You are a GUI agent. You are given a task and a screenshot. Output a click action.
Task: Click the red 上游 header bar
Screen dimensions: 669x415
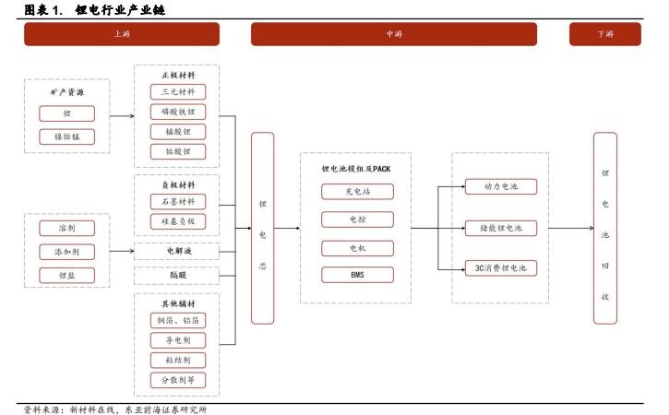point(122,34)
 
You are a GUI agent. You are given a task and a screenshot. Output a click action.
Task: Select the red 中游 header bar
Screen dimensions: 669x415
point(394,34)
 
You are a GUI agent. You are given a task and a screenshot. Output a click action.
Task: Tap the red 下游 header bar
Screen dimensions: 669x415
point(605,34)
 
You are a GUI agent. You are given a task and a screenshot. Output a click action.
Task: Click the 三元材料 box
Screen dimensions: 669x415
point(178,91)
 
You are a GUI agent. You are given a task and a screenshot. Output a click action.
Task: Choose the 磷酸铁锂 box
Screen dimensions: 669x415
point(178,112)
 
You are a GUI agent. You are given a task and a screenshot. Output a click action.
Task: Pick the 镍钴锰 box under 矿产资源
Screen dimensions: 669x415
point(67,136)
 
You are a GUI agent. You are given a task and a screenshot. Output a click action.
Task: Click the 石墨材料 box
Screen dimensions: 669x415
point(178,201)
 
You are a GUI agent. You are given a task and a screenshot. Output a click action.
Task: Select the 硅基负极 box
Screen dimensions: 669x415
point(178,221)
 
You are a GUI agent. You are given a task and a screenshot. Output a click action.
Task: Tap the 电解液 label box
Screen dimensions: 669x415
point(177,251)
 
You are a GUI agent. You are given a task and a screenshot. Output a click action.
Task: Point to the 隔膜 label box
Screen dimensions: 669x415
point(177,276)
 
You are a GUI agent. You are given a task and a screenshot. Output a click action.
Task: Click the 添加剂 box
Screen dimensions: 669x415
point(67,252)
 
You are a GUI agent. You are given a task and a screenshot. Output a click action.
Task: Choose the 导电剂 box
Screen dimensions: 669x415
point(178,340)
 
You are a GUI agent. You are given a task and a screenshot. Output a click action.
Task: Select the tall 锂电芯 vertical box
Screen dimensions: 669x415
point(262,228)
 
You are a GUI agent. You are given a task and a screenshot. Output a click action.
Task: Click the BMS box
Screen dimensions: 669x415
point(357,275)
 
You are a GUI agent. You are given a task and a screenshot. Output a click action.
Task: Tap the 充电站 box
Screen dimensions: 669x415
point(357,192)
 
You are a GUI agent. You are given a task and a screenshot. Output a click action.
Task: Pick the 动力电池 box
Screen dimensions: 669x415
point(501,186)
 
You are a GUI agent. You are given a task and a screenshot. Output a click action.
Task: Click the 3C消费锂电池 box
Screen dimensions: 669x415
point(501,268)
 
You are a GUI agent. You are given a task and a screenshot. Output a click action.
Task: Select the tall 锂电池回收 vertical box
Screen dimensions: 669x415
point(605,228)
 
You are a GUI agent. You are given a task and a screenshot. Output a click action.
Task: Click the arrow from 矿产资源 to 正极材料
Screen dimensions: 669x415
point(122,116)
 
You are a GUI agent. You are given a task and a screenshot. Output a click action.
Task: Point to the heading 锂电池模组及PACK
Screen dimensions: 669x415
point(356,169)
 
